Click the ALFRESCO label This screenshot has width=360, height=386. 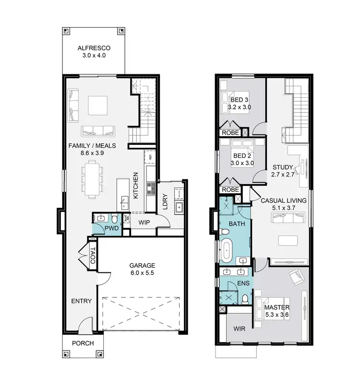[95, 48]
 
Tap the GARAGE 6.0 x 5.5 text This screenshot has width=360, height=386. [142, 269]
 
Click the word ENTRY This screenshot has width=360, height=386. [81, 301]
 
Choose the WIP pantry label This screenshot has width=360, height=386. [144, 223]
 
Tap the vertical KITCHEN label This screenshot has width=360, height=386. [136, 186]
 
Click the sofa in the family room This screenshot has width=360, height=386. [97, 129]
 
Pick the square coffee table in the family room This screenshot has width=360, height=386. [97, 105]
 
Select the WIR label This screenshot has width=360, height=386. [240, 329]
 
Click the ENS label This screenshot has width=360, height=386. [243, 283]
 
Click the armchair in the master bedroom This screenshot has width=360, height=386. [296, 277]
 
